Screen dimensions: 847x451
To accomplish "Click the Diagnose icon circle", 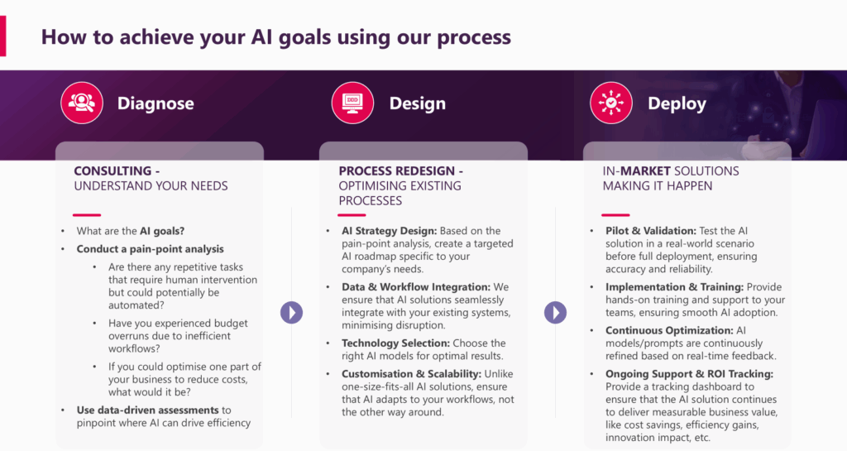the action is tap(82, 103).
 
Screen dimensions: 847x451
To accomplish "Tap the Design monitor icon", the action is tap(352, 102).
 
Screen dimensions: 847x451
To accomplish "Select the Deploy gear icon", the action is tap(611, 103).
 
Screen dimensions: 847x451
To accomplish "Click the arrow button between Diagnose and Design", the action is tap(292, 312).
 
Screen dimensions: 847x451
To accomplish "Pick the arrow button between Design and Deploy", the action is tap(555, 312).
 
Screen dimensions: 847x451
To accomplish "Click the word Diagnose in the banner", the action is tap(156, 103).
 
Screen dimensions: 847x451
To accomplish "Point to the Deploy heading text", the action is tap(677, 103).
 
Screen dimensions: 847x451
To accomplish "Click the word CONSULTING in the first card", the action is tap(112, 171).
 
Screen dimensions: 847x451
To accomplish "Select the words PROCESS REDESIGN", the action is tap(397, 171).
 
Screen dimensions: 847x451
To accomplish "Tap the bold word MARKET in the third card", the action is tap(645, 171).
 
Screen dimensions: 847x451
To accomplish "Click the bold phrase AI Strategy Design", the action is tap(389, 231).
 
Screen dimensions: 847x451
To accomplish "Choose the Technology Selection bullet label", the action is tap(395, 343).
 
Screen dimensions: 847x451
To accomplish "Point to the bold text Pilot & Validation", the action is tap(650, 231).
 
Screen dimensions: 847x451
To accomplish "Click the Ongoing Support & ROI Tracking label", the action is tap(689, 374).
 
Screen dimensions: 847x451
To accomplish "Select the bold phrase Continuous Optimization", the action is tap(669, 330).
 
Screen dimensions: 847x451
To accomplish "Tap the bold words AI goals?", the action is tap(162, 231).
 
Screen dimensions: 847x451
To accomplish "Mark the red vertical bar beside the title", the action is tap(2, 36).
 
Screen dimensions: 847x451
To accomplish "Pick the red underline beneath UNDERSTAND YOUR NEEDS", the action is tap(86, 215).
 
